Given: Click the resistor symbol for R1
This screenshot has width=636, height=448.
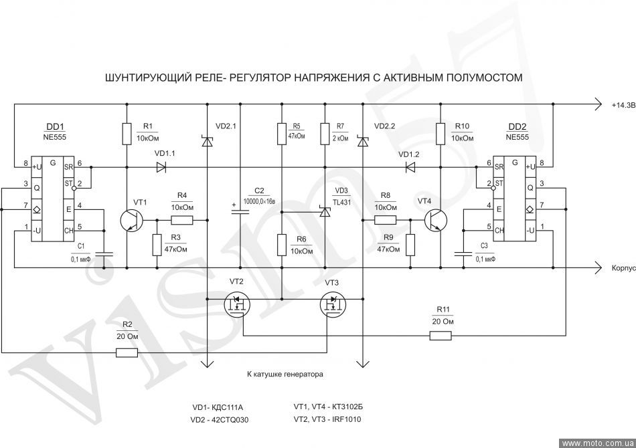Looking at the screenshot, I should tap(127, 134).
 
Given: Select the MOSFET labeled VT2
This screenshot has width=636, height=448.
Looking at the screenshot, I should tap(237, 304).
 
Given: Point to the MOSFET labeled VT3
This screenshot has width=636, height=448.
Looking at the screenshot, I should tap(333, 304).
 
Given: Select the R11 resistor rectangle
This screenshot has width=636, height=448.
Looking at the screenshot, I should tap(441, 335).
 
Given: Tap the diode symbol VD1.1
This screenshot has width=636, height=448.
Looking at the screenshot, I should tap(161, 167).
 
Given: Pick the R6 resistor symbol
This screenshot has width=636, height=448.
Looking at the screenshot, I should tap(282, 245).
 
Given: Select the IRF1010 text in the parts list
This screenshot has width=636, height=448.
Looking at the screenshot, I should tap(349, 419).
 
